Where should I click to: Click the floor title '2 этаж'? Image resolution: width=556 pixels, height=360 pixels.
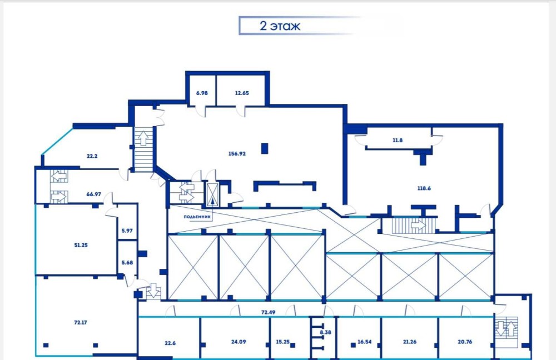(x=280, y=26)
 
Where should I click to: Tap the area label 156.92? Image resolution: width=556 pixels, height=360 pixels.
(x=237, y=153)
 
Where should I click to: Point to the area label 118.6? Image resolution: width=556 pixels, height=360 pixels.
(x=424, y=188)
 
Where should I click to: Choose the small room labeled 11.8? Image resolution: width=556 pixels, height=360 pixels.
(x=398, y=140)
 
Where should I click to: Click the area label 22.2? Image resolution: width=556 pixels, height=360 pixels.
(x=92, y=156)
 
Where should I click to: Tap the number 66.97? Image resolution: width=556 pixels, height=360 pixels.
(x=93, y=194)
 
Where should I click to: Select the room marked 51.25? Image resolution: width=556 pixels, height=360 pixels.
(x=81, y=245)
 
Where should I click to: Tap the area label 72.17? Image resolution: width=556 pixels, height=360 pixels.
(x=81, y=322)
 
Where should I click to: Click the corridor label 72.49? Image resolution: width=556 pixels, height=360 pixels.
(x=268, y=312)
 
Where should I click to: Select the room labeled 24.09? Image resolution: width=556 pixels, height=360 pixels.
(x=239, y=342)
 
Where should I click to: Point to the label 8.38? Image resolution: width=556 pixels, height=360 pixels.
(x=325, y=332)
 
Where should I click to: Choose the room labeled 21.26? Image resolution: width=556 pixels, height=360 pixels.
(x=410, y=342)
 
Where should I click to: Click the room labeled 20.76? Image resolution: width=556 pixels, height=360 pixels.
(x=465, y=342)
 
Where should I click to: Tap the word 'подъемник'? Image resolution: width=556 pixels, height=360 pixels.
(x=197, y=217)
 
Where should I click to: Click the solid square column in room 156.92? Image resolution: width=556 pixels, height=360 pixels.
(x=265, y=148)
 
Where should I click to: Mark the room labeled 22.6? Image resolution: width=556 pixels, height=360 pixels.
(x=170, y=343)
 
